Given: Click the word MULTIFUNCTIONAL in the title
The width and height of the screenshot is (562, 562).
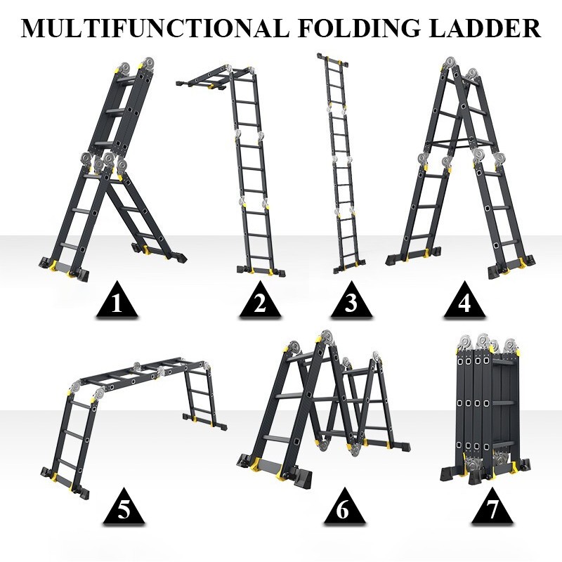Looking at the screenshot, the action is (155, 28).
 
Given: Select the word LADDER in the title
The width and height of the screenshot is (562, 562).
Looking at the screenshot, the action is (485, 28).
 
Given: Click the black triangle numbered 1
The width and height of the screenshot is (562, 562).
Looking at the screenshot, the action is (117, 300).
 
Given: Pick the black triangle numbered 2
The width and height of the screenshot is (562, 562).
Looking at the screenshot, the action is (260, 300).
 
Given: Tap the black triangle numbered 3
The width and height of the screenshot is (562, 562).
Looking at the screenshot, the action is (351, 300).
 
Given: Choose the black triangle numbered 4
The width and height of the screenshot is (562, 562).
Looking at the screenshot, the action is (464, 300).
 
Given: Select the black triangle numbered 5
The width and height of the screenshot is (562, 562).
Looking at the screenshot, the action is (124, 507).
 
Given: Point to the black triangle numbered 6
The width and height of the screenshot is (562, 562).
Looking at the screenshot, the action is (344, 507).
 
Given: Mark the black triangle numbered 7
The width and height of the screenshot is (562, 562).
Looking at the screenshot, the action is (492, 507).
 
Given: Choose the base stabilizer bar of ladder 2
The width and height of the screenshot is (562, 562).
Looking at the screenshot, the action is (261, 270).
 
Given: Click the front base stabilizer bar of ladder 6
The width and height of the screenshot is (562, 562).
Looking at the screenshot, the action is (274, 469).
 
